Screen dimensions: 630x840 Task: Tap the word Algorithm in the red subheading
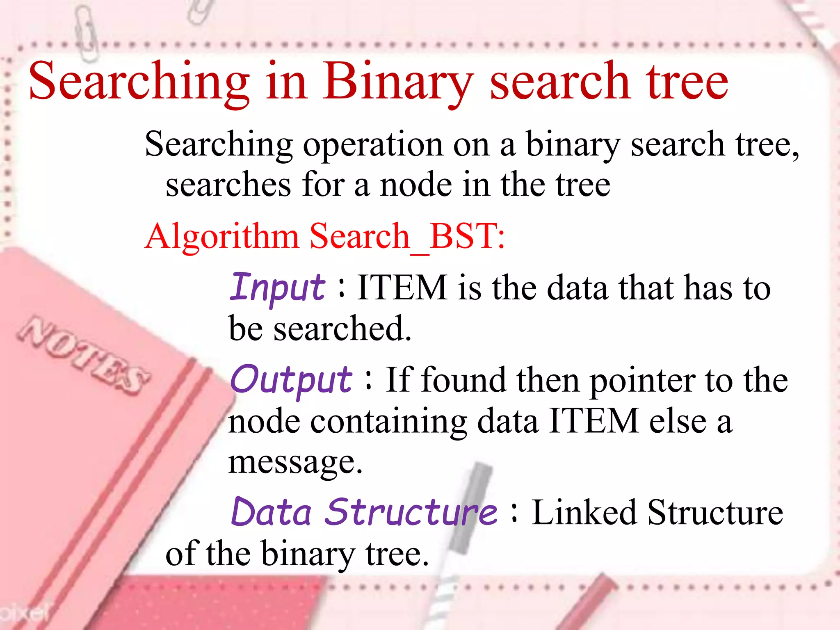pos(221,237)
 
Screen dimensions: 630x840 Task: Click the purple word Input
pos(277,288)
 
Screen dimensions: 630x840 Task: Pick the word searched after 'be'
pos(342,329)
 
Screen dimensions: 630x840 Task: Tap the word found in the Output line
pos(463,381)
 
